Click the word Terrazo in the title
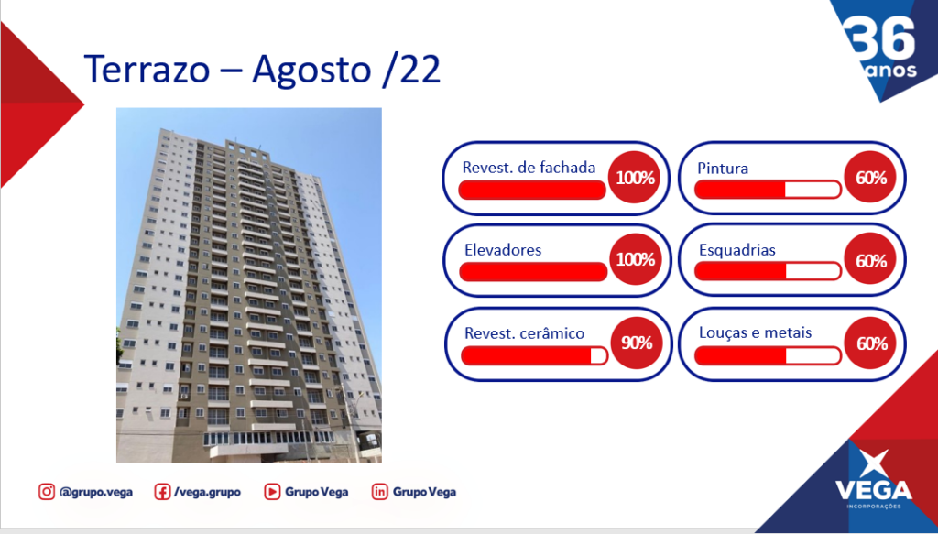click(x=147, y=69)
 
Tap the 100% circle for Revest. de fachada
click(x=635, y=178)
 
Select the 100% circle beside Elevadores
click(x=636, y=259)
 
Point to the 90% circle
click(x=637, y=343)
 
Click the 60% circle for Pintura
click(x=870, y=178)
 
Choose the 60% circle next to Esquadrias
click(x=870, y=259)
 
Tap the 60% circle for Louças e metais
click(x=870, y=343)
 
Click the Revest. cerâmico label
click(x=524, y=333)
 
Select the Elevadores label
click(x=503, y=250)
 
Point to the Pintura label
click(x=723, y=169)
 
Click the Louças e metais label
click(x=755, y=332)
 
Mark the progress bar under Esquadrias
click(x=768, y=271)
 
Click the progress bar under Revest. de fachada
click(x=532, y=190)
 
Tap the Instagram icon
click(x=47, y=492)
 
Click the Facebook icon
click(x=162, y=492)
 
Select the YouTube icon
click(x=272, y=492)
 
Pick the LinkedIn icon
click(x=380, y=492)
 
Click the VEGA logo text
click(x=874, y=490)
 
